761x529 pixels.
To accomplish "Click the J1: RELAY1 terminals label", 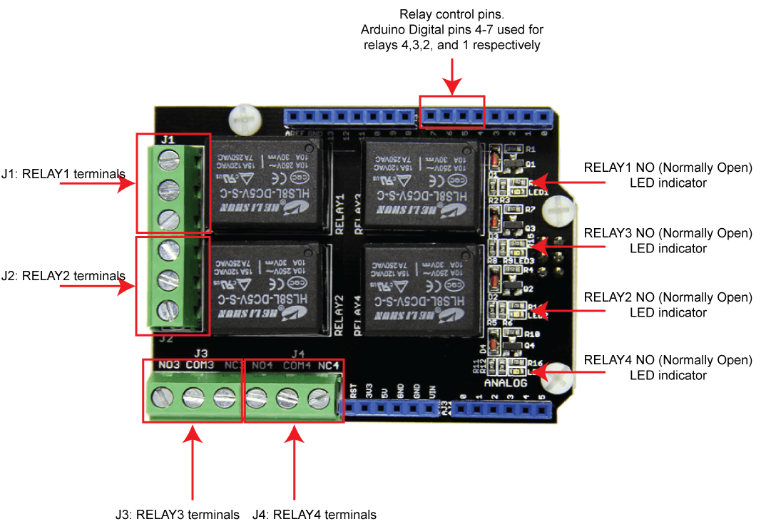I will [x=63, y=173].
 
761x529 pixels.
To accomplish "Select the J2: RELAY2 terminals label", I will [x=63, y=276].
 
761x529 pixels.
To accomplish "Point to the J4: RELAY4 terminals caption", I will [x=315, y=514].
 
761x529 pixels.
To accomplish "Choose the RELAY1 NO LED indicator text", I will [x=668, y=175].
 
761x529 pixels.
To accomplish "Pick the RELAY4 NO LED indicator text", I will [x=668, y=368].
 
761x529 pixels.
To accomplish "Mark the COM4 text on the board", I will [x=297, y=366].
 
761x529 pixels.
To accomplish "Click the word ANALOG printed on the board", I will [x=505, y=383].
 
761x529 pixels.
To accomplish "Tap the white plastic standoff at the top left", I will [x=245, y=118].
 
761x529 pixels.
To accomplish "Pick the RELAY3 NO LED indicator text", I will [x=668, y=241].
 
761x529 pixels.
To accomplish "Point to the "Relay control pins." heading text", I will [x=451, y=14].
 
